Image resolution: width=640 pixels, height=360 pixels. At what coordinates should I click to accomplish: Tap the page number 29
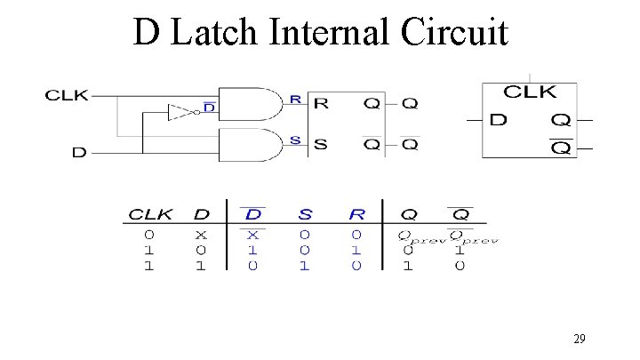click(x=579, y=338)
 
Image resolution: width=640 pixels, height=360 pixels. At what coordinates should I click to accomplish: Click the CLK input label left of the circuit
click(x=68, y=95)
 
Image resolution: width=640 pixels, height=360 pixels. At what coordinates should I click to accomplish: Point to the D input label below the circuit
click(x=79, y=152)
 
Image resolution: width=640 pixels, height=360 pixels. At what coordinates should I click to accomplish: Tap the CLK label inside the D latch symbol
click(x=530, y=92)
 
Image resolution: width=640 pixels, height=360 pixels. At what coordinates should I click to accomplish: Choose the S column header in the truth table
click(x=305, y=214)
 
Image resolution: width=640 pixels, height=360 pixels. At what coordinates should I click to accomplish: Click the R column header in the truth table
click(x=356, y=214)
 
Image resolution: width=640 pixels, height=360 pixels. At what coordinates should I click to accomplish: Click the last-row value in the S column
click(x=305, y=266)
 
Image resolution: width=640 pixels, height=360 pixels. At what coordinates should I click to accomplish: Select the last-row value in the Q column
click(x=407, y=266)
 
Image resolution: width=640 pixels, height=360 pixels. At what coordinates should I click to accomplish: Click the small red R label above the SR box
click(x=295, y=100)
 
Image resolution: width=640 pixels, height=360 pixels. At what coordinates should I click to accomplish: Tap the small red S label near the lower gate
click(x=295, y=139)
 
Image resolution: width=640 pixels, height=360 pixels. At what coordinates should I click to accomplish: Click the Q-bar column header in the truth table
click(x=460, y=213)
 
